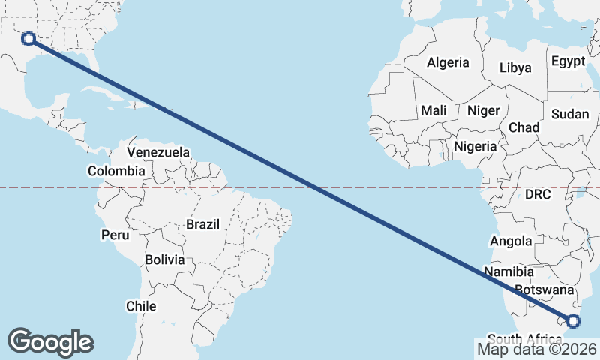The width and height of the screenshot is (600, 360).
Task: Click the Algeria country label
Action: click(448, 63)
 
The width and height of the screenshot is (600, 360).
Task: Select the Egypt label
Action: click(567, 61)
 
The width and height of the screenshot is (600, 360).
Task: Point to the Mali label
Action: click(433, 110)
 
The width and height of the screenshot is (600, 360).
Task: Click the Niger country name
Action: click(483, 110)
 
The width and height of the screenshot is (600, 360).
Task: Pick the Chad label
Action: click(523, 127)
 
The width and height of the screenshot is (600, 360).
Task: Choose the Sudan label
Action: click(570, 114)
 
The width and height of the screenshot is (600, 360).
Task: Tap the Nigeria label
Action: click(475, 146)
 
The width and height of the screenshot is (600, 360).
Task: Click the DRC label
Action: click(538, 194)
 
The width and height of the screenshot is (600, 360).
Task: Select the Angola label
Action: click(511, 241)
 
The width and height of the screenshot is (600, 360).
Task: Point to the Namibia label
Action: click(508, 271)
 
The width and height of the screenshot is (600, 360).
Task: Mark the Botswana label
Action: click(544, 289)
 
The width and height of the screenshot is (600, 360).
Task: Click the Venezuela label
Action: click(158, 152)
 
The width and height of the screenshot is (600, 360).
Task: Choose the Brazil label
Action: click(202, 223)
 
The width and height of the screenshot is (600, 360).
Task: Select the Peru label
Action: click(115, 235)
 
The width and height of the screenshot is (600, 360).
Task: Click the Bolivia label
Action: click(164, 259)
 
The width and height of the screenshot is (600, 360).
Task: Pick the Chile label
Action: click(141, 306)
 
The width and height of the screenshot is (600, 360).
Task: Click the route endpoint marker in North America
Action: click(28, 38)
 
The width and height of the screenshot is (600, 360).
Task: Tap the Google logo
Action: click(50, 341)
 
